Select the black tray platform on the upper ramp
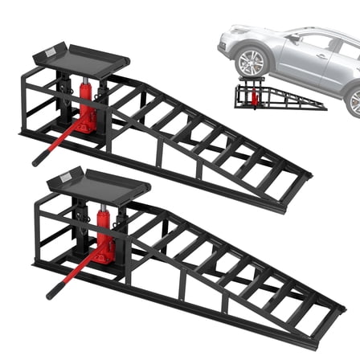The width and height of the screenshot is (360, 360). (x=80, y=59)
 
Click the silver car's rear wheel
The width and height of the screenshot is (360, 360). (x=354, y=101)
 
